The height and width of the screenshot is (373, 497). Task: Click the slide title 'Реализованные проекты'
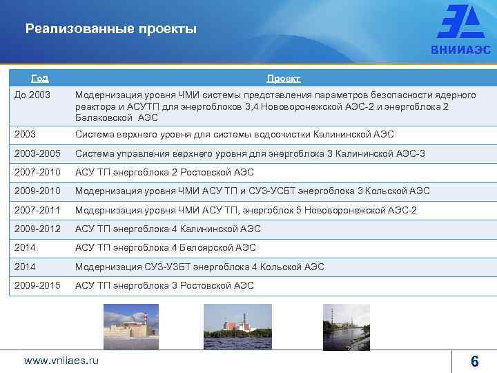point(110,29)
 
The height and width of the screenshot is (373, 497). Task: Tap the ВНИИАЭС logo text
point(460,50)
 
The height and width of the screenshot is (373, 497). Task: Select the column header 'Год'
point(40,78)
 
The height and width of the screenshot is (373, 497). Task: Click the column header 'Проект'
point(284,78)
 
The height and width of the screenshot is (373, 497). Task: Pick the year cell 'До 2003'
point(32,95)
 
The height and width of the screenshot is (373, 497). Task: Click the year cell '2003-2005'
point(37,153)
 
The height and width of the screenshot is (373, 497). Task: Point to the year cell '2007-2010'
point(37,172)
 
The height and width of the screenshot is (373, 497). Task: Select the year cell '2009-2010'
point(37,191)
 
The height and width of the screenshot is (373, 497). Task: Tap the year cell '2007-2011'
point(37,210)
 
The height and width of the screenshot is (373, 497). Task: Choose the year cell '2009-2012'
point(37,229)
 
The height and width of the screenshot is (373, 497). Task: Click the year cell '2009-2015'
point(37,285)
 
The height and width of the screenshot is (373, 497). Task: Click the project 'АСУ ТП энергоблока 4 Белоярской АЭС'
point(166,247)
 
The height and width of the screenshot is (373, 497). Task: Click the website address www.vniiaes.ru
point(61,360)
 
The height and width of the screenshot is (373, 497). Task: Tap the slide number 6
point(474,361)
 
